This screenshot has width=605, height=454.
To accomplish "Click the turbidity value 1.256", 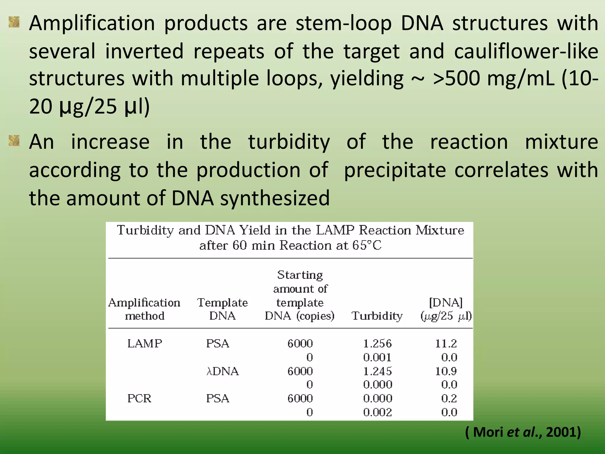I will click(x=377, y=343).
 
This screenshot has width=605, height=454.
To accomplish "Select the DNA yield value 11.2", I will click(x=446, y=343).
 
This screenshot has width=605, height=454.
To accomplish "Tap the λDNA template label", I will click(x=222, y=371).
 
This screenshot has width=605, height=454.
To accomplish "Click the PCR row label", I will click(x=139, y=398).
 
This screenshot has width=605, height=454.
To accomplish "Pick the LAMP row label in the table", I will click(x=144, y=343).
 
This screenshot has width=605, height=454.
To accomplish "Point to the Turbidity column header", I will click(x=377, y=316).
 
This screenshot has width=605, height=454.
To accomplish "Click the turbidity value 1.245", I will click(x=377, y=371).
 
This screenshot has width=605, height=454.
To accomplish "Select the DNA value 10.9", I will click(x=446, y=371).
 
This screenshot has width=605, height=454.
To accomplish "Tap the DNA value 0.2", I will click(x=449, y=398).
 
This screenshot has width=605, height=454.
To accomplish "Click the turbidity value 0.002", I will click(x=377, y=412).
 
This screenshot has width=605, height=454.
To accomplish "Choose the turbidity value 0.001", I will click(x=377, y=357).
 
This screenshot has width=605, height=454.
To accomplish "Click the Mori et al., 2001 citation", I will click(x=523, y=432).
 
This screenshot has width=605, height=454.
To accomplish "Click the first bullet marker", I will click(x=14, y=22).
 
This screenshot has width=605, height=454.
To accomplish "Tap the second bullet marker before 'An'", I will click(x=14, y=141).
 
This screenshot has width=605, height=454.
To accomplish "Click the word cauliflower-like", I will click(x=526, y=51).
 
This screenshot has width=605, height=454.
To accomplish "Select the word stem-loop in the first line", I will click(x=344, y=23).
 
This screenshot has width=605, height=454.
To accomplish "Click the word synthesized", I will click(x=275, y=198).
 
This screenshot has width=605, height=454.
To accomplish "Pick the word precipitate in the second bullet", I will click(x=395, y=170).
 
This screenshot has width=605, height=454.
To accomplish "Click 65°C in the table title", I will click(x=367, y=245).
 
